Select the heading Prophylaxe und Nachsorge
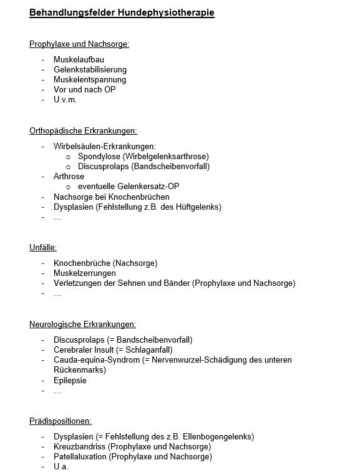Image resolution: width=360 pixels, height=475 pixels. pos(79,44)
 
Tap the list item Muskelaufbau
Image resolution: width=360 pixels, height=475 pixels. pos(79,60)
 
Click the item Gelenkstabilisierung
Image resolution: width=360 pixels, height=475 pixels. pos(90,70)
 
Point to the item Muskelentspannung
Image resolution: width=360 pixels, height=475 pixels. pos(90,80)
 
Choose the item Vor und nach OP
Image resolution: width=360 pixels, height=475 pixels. pos(84,89)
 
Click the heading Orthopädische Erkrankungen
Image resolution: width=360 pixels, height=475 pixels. pos(83,130)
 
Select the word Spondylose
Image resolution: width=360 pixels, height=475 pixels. pos(99,157)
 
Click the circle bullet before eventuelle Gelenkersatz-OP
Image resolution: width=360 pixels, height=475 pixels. pos(69,187)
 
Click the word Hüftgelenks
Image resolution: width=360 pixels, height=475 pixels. pos(198,207)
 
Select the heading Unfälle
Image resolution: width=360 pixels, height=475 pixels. pos(43,248)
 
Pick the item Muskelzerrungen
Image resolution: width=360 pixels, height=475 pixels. pos(85,273)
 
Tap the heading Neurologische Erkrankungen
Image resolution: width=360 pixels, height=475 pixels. pos(82,324)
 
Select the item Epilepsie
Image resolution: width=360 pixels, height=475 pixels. pos(70,380)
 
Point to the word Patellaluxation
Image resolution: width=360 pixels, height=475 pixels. pos(80,456)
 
